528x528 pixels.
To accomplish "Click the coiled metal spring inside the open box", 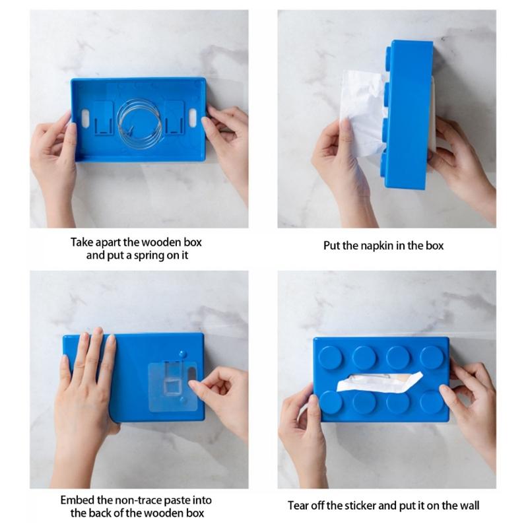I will point(139,117).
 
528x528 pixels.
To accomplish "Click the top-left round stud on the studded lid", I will point(332,357).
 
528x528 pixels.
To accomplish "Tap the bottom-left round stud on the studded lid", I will point(332,401).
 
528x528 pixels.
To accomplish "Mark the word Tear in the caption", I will point(299,506).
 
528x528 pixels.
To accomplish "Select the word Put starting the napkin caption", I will point(332,246).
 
